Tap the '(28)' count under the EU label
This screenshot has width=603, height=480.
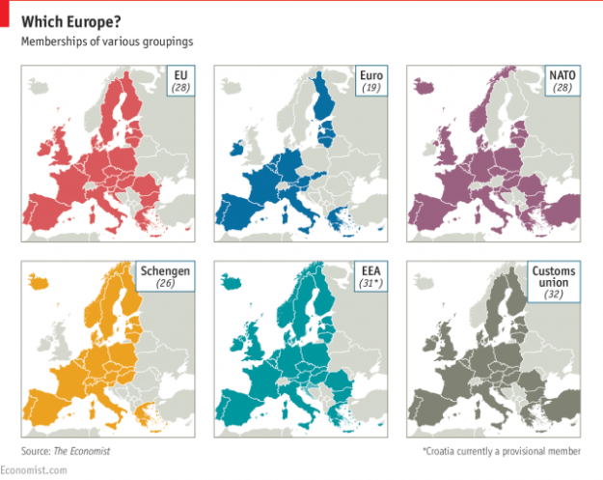pyautogui.click(x=181, y=88)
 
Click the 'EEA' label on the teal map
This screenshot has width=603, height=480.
pyautogui.click(x=370, y=272)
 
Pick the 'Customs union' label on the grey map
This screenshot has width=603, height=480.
pyautogui.click(x=554, y=279)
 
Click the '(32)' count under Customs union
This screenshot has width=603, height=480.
pyautogui.click(x=554, y=296)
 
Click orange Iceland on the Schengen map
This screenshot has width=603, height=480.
pyautogui.click(x=40, y=282)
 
